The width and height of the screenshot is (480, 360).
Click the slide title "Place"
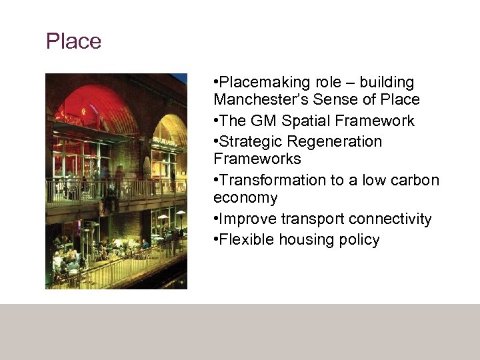tap(73, 41)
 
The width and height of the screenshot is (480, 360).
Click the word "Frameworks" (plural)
tap(257, 159)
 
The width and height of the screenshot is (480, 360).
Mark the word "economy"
tap(245, 198)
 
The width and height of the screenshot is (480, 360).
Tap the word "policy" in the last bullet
tap(359, 240)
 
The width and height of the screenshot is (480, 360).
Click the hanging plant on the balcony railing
tap(109, 193)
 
